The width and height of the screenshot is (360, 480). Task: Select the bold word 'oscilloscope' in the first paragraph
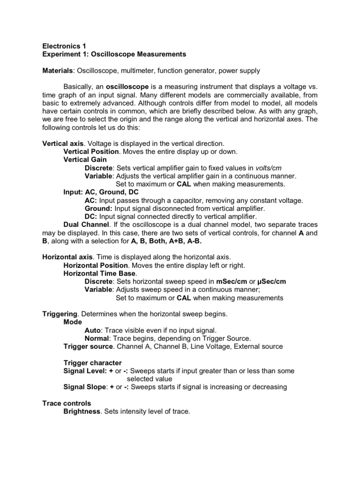127,87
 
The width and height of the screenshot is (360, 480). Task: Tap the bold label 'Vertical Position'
91,152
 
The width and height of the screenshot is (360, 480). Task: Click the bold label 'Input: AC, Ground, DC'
101,192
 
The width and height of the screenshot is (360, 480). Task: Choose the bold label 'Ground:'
98,208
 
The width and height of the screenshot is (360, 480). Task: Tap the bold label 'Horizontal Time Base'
99,273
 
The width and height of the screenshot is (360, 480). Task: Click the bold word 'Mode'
73,322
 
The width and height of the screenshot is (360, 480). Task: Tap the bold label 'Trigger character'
92,363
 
